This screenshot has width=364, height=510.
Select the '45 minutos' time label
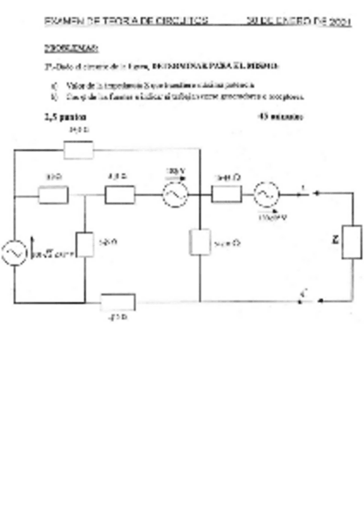(280, 117)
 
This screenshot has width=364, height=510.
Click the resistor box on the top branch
(78, 149)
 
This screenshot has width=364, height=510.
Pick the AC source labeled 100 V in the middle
(176, 194)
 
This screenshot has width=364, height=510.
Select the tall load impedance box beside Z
(352, 242)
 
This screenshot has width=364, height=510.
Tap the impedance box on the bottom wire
(118, 301)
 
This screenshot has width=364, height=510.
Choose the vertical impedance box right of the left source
(85, 244)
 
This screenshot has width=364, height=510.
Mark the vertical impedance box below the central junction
(199, 242)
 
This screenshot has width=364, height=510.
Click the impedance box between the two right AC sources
(227, 194)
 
